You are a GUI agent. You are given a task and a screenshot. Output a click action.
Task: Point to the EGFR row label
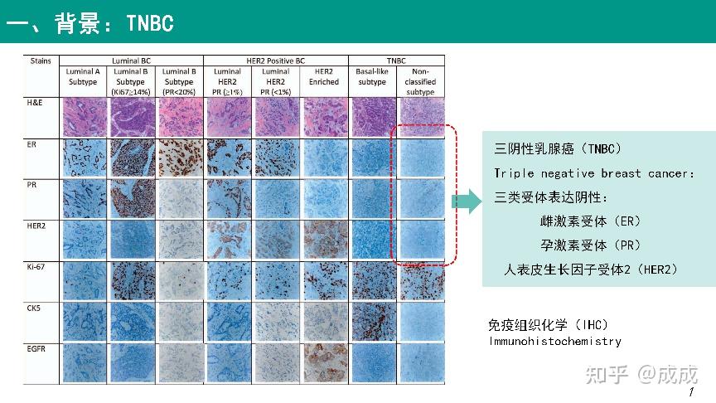(x=40, y=349)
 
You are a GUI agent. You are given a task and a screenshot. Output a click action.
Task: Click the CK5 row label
(x=36, y=308)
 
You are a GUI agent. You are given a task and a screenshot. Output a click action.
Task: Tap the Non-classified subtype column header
(x=420, y=81)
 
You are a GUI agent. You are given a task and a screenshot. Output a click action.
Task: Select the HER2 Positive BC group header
(x=275, y=61)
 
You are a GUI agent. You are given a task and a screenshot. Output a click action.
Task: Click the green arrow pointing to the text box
(x=466, y=201)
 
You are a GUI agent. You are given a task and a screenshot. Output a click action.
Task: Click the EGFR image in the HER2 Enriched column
(x=324, y=362)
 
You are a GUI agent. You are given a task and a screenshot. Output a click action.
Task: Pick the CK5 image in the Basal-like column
(x=372, y=322)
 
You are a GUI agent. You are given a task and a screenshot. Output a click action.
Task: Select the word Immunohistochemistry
(x=554, y=341)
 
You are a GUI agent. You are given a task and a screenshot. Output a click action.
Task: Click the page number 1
(x=692, y=391)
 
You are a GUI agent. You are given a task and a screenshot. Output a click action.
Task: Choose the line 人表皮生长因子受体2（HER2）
(x=590, y=269)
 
